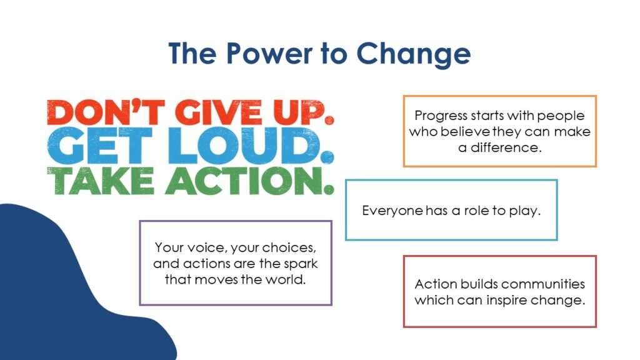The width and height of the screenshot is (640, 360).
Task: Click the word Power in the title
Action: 269,53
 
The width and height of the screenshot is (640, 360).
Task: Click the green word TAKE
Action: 101,181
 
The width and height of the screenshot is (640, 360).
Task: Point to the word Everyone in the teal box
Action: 392,211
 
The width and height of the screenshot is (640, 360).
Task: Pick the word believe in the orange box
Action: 466,131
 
